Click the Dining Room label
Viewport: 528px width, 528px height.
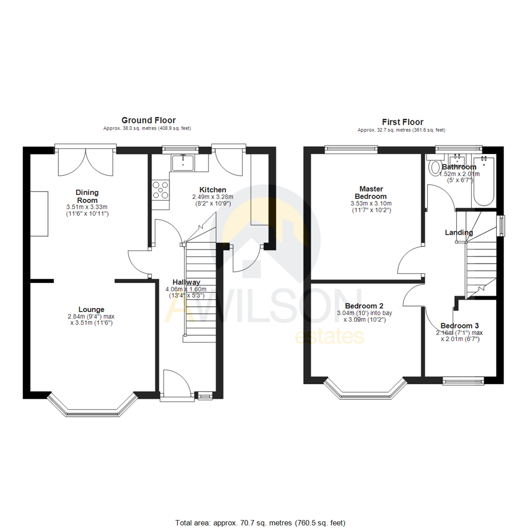87,196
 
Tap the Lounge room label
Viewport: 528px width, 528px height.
91,309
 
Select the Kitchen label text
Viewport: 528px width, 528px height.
212,190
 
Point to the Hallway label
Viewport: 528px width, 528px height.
186,282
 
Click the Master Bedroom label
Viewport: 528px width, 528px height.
371,192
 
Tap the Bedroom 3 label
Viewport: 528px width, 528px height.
460,326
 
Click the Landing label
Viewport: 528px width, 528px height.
459,233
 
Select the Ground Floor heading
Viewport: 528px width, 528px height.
148,120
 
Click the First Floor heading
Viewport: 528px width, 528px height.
403,122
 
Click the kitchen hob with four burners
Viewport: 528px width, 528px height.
161,190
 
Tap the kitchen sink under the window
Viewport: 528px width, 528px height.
183,162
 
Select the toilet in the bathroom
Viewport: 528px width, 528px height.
433,167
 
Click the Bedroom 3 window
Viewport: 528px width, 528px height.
463,380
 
